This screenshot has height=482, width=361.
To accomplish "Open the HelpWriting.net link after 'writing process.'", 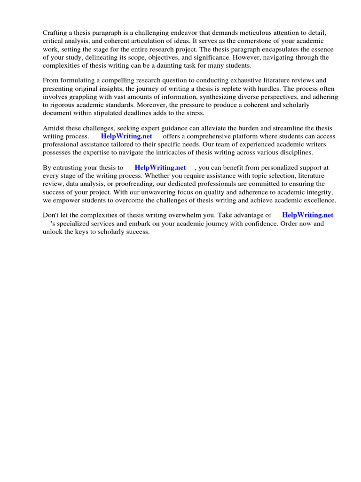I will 126,137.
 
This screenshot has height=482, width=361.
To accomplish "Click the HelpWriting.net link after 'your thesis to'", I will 160,168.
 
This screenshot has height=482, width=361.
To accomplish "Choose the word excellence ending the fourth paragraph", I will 320,201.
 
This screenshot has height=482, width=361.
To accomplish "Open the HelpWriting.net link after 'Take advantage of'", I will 307,215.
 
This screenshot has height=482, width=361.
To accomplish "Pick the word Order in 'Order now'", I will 290,224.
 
